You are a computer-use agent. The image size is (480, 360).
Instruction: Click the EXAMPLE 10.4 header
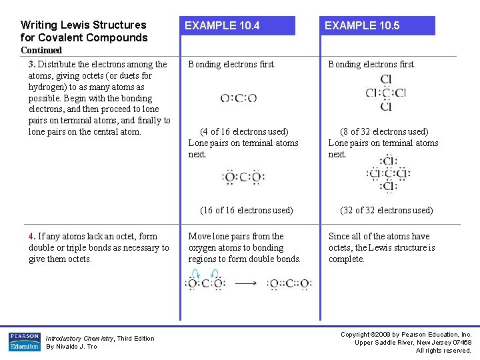point(222,26)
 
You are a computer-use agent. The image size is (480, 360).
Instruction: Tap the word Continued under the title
point(41,50)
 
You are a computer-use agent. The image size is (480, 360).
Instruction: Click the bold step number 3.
point(32,65)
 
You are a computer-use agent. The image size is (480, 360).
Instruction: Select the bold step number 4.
point(32,236)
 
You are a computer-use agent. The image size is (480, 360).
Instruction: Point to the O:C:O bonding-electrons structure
point(238,99)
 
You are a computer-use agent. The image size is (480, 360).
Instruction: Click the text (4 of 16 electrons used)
point(244,132)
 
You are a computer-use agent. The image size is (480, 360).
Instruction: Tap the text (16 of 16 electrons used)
point(246,210)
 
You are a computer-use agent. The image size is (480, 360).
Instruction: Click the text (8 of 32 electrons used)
point(384,132)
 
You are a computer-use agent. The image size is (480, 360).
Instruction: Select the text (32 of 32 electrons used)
point(386,210)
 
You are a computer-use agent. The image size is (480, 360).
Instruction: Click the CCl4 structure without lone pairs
point(385,93)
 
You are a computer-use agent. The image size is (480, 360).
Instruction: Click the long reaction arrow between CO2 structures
point(247,283)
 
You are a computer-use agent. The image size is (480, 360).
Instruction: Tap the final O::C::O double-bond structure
point(289,284)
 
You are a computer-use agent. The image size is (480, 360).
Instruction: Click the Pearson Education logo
point(24,342)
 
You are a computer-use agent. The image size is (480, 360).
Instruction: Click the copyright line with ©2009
point(406,334)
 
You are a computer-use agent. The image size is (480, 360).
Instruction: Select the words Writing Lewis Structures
point(83,25)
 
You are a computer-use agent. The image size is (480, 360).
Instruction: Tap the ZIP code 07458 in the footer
point(459,342)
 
